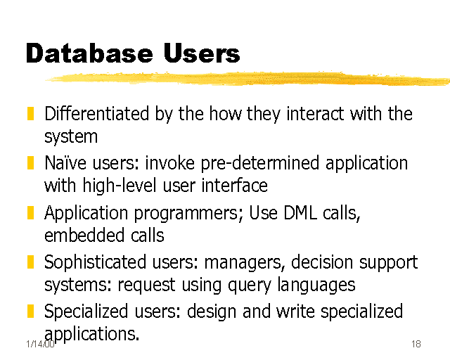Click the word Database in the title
coord(89,53)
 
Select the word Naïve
coord(65,164)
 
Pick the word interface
coord(236,186)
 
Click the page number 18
coord(416,344)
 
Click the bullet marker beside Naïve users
coord(30,164)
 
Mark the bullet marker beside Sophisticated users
coord(30,263)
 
